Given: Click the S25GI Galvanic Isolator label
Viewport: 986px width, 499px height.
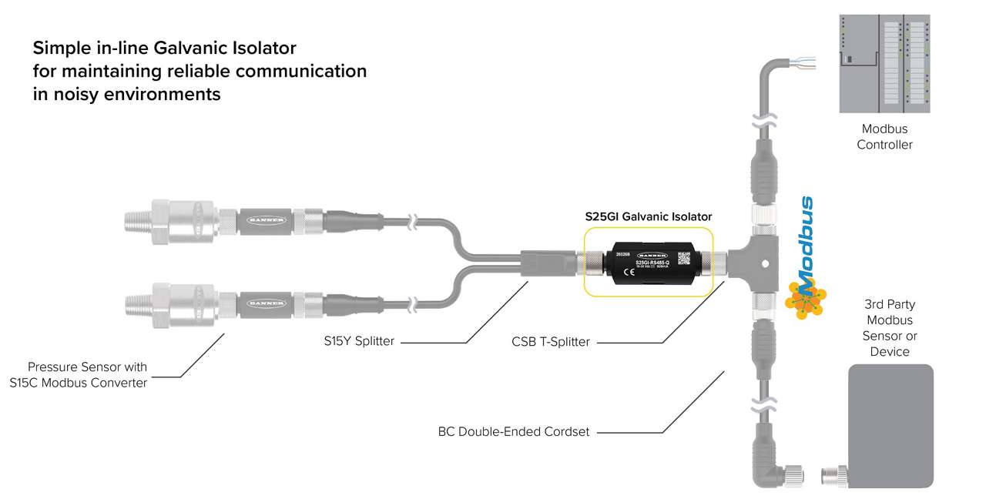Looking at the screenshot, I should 648,216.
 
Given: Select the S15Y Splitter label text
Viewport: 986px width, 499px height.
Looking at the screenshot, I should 359,341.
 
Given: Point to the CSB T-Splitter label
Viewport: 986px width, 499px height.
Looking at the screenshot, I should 551,341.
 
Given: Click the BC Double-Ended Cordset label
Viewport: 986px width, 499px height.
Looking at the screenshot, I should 513,432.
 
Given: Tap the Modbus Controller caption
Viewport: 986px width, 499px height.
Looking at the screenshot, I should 884,137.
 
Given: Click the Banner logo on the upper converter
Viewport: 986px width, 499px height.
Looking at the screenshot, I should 263,220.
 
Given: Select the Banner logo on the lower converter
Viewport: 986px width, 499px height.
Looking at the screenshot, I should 263,302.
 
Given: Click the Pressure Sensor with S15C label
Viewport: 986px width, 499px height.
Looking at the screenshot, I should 87,375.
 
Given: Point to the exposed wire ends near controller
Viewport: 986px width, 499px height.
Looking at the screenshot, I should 816,64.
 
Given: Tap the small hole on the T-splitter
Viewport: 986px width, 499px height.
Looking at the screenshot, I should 766,263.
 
